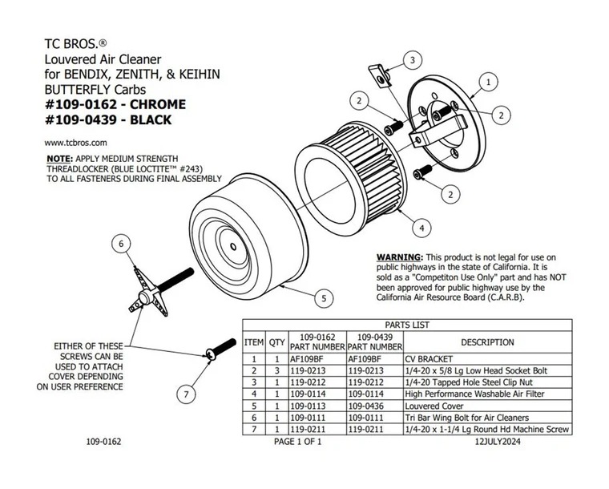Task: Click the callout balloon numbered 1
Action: click(487, 81)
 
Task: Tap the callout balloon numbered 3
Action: click(411, 60)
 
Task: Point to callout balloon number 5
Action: click(323, 298)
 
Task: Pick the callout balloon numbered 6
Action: click(120, 244)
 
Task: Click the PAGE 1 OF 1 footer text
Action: click(297, 442)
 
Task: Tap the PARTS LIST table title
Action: click(408, 325)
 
